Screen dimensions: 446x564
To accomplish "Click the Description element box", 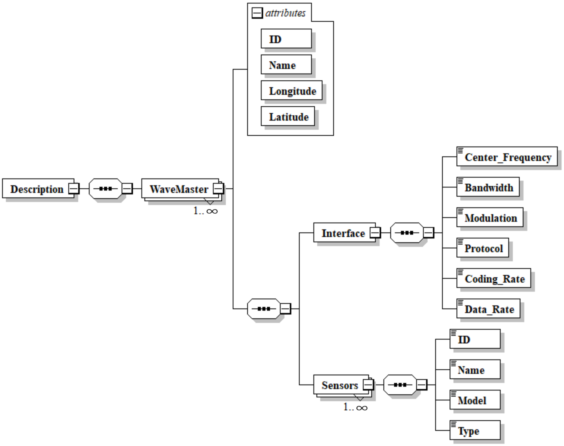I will pos(37,189).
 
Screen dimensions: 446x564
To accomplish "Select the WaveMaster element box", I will pos(179,189).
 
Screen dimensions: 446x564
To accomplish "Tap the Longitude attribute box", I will pos(292,91).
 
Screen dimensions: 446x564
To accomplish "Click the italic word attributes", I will pos(285,13).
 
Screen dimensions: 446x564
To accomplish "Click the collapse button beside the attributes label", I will pos(257,13).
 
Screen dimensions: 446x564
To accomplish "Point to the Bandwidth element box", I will pos(488,187).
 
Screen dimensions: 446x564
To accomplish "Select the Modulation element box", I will pos(490,217).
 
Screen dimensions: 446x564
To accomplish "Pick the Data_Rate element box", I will pos(488,309).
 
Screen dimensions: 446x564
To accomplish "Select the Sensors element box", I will pos(340,385).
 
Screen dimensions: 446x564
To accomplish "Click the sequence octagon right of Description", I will pos(106,189).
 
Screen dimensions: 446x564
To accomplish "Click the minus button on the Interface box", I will pos(375,232).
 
